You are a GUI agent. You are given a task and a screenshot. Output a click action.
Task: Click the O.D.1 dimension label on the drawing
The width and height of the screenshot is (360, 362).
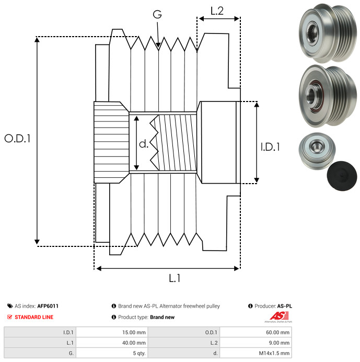coord(18,139)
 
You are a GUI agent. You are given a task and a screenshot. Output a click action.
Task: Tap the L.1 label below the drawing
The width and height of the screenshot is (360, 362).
coord(175,278)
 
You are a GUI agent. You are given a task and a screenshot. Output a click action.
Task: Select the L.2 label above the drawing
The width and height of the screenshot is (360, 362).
coord(217,11)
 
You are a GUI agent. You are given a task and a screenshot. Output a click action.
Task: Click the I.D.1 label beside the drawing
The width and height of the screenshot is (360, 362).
coord(270,147)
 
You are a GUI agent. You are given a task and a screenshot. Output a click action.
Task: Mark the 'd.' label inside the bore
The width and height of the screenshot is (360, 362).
coord(144,144)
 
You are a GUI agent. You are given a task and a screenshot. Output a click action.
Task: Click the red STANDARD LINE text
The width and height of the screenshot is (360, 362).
coord(34,317)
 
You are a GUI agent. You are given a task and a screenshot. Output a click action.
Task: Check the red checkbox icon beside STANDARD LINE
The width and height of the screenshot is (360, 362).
coord(10,317)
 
